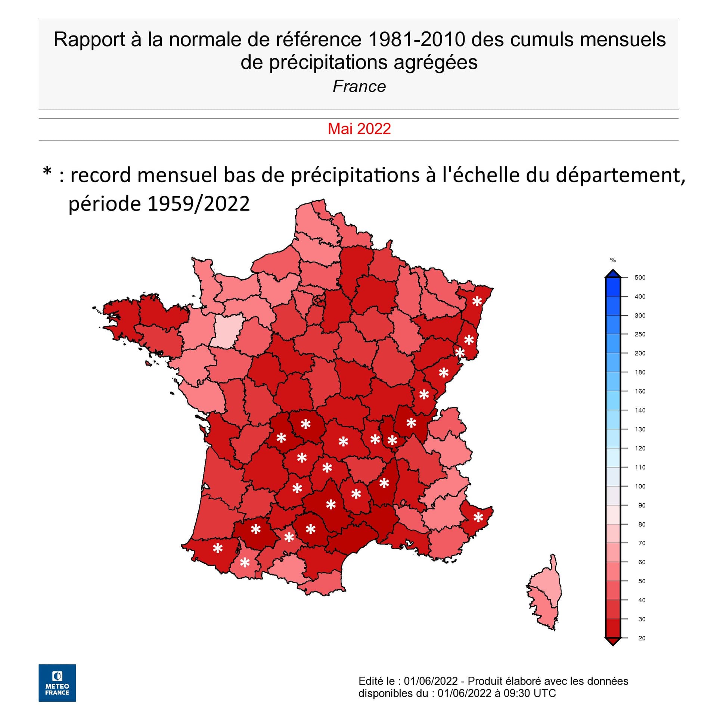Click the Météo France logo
57,683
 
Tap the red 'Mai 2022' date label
359,129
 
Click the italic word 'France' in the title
359,86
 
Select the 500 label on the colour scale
640,277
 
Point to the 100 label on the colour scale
640,486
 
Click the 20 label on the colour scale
642,638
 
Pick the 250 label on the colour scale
640,334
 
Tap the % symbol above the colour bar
612,260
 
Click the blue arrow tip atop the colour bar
613,274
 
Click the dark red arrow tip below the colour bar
613,642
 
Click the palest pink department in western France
226,330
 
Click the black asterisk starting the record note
47,172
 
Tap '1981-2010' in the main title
417,40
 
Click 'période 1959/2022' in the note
159,204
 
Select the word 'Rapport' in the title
89,40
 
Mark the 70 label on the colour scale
642,543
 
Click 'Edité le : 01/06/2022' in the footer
408,681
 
